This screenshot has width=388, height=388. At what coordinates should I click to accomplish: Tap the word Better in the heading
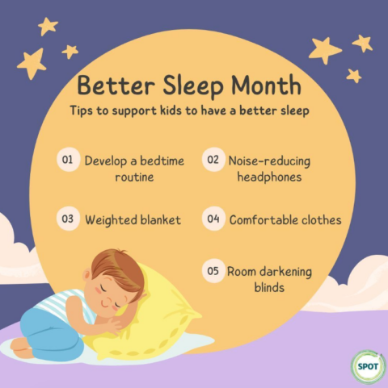point(111,85)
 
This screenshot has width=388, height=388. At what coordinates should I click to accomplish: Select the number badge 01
point(68,160)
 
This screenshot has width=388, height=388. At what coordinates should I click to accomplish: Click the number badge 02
point(213,160)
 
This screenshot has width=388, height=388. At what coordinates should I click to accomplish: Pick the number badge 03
point(68,218)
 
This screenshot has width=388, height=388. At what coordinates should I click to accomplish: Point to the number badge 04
point(213,219)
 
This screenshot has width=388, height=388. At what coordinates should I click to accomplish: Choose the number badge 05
point(213,271)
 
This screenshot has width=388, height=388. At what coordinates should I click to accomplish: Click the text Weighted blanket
point(132,219)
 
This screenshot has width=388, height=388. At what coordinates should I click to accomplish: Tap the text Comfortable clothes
point(285,219)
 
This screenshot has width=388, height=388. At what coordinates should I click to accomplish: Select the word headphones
point(269,176)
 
